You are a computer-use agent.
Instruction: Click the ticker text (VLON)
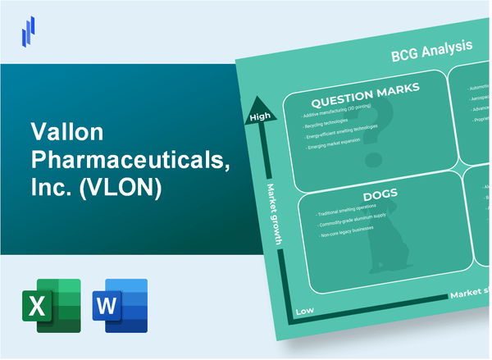[125, 189]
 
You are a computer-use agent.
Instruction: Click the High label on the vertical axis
[259, 118]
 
